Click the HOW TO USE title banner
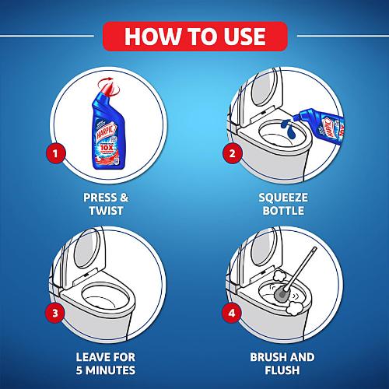194,35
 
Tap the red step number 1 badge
54,152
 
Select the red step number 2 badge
231,152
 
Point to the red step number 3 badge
54,314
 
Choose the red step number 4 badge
231,314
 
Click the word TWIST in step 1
105,211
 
